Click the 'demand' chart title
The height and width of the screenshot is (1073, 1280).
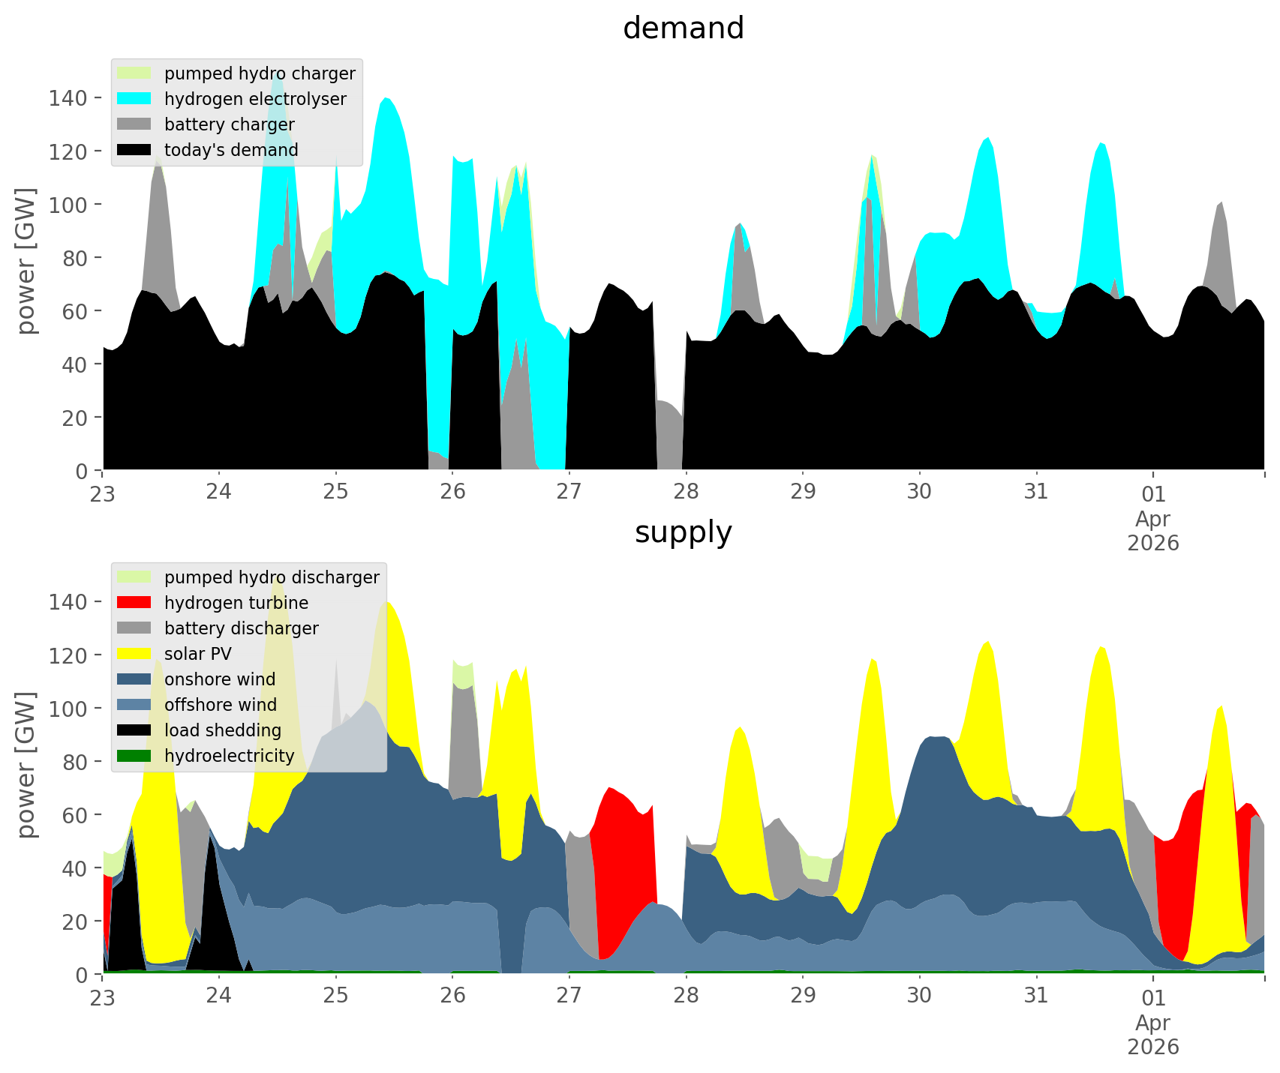point(683,28)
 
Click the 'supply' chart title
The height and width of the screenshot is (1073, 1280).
point(683,532)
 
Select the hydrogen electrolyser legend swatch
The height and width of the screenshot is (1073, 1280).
point(134,99)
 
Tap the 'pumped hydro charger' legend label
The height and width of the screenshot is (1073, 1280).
point(260,73)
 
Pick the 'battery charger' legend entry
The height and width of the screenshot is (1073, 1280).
point(229,124)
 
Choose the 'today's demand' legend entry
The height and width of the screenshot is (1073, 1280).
point(231,150)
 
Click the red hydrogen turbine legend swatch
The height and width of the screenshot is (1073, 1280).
point(134,603)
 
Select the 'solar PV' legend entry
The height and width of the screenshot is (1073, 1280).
point(197,654)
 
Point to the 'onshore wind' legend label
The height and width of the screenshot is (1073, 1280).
point(220,679)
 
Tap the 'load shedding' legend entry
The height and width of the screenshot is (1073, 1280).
point(223,730)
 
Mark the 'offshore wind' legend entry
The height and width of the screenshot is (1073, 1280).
point(221,705)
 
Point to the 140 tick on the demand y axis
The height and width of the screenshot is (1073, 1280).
point(68,97)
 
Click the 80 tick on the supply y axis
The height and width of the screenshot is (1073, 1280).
point(74,761)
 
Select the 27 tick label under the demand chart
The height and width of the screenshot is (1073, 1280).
point(569,492)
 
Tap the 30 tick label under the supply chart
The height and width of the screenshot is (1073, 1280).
point(919,996)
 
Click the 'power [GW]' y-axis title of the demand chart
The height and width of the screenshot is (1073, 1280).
point(26,261)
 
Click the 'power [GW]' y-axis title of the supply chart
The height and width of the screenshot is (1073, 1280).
point(26,765)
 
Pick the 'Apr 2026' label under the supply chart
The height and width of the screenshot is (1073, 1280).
point(1153,1034)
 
